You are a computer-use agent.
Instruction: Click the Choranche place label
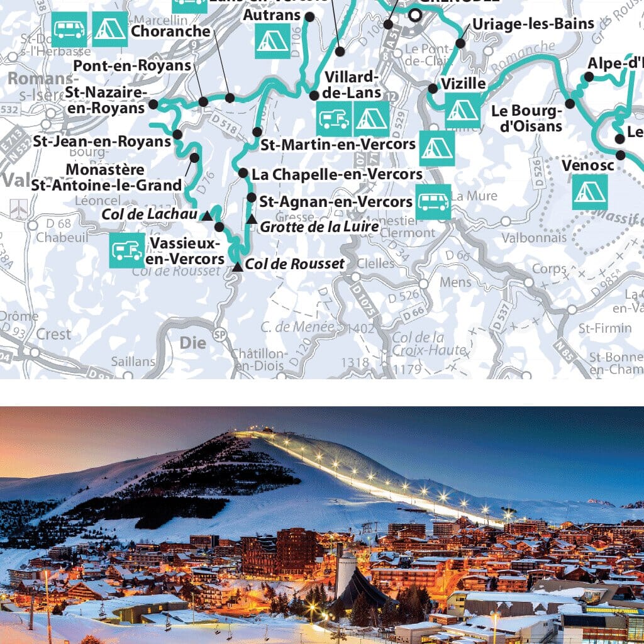click(171, 31)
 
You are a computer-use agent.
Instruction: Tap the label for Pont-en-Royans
click(131, 65)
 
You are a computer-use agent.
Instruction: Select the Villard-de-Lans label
click(353, 85)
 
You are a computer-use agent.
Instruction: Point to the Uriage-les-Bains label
click(533, 24)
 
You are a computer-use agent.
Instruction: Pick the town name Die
click(192, 343)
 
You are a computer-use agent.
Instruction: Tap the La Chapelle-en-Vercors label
click(336, 174)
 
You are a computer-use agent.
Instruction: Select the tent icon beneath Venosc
click(590, 192)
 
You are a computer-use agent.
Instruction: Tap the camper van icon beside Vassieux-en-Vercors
click(126, 250)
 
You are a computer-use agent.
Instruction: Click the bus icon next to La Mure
click(433, 202)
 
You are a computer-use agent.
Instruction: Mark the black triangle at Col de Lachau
click(206, 216)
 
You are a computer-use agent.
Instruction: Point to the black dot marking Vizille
click(433, 89)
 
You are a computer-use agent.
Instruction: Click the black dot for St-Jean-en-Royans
click(177, 134)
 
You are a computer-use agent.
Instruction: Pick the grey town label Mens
click(455, 282)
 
